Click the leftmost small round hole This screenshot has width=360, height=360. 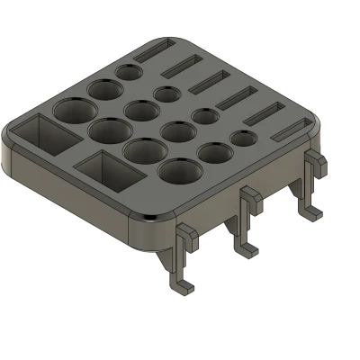coord(129,71)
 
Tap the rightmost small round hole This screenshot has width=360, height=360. coord(243,139)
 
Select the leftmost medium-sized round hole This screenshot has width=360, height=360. coord(103,90)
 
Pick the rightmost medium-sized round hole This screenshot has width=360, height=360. coord(214,153)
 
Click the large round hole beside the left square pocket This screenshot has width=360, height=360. coord(74,112)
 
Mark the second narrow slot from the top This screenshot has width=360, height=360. coord(186,66)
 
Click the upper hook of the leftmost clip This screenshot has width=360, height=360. coord(186,236)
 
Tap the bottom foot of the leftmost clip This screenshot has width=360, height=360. coord(183,286)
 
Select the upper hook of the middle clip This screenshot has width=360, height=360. coord(250,200)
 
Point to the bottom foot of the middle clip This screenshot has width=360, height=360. coord(246,247)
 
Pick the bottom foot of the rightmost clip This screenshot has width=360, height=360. coord(311,212)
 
